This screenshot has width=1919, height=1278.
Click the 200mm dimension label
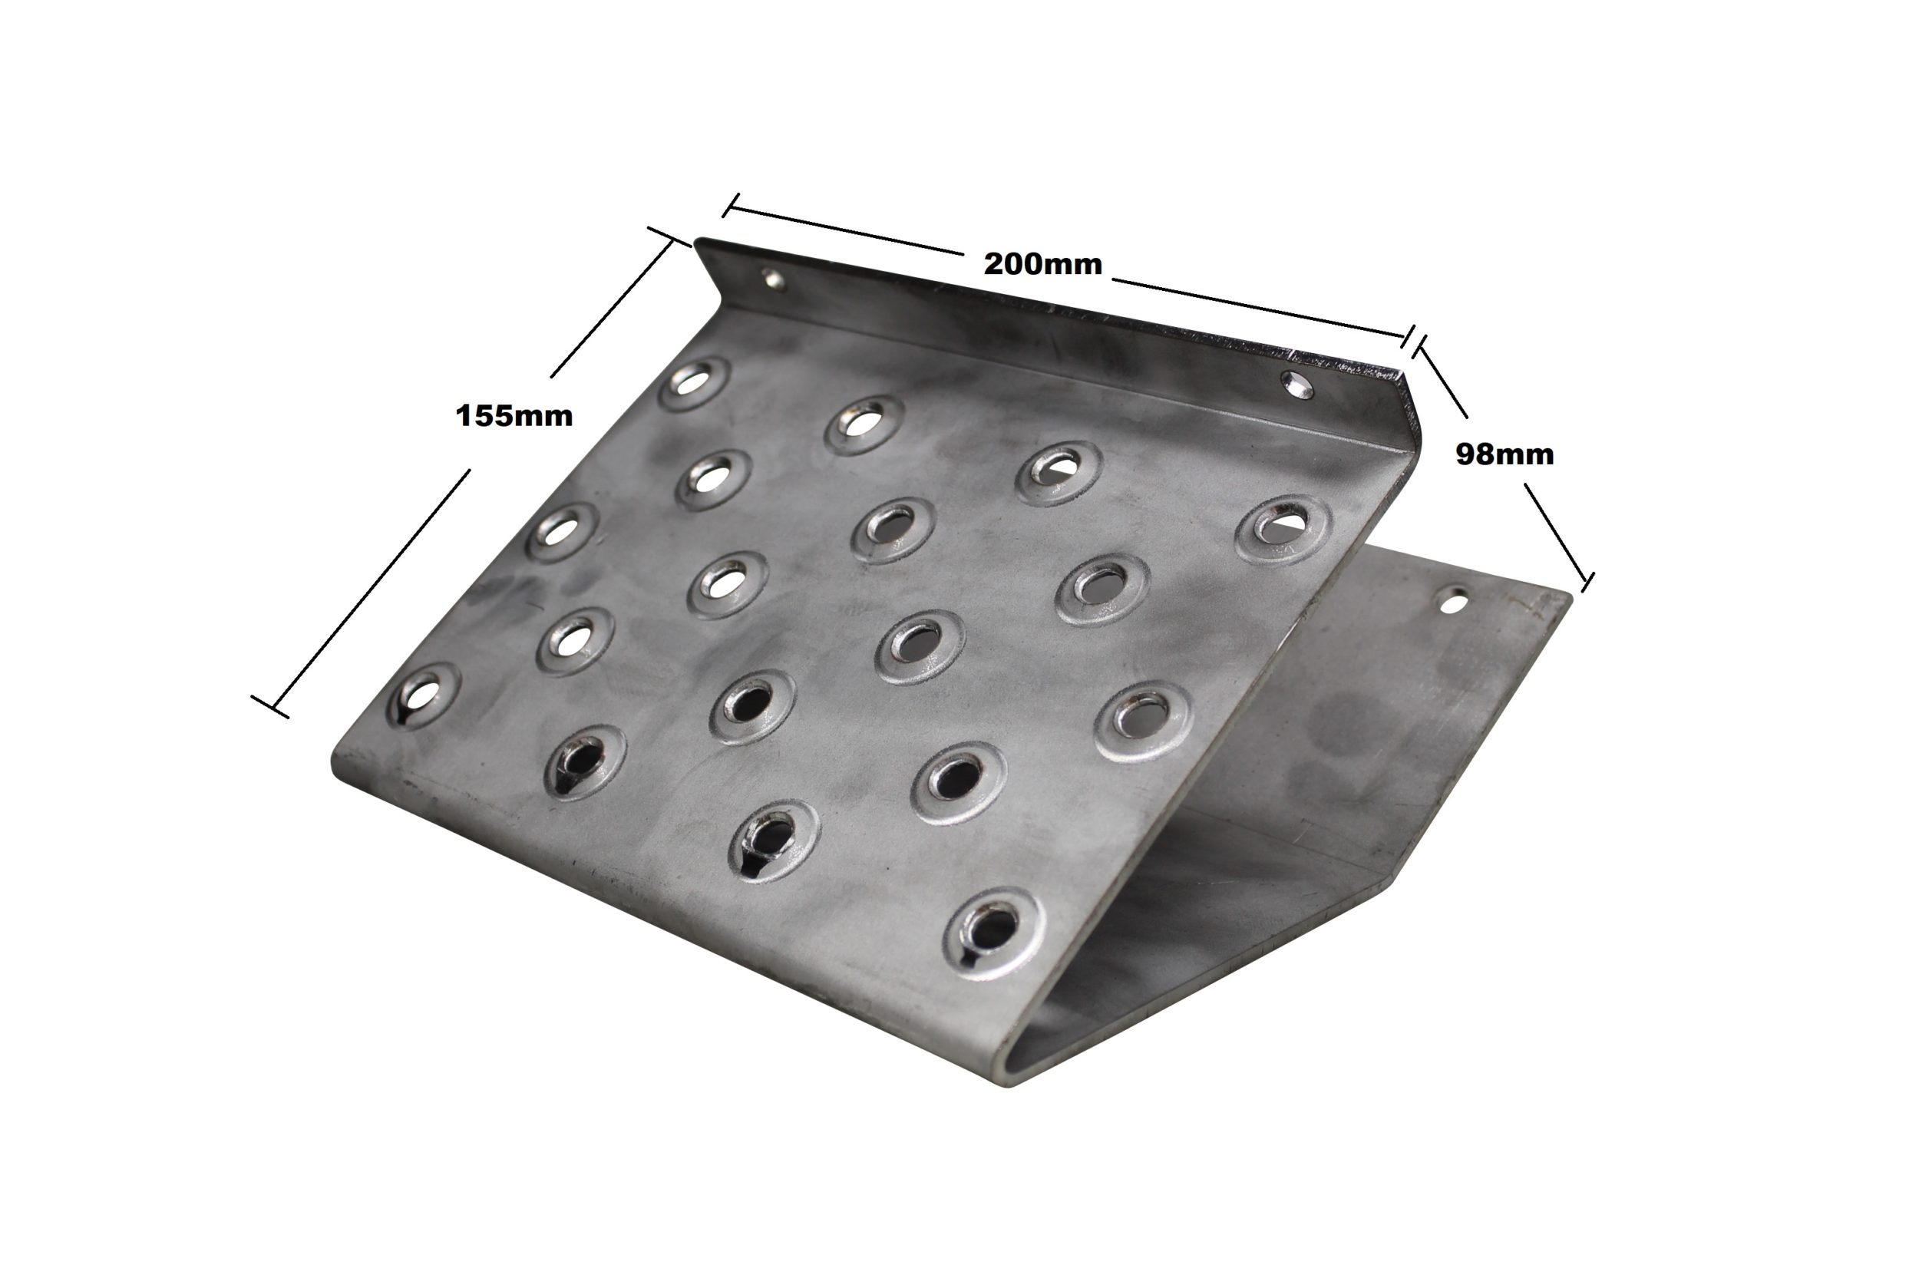click(1042, 264)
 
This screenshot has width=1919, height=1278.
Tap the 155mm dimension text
click(514, 417)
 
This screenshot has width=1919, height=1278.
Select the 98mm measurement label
click(1504, 455)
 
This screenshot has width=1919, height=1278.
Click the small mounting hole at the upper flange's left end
click(772, 279)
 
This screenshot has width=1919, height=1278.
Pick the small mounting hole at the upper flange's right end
click(1296, 385)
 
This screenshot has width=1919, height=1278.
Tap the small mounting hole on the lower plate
click(1453, 603)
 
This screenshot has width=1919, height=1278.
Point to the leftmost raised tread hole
click(424, 698)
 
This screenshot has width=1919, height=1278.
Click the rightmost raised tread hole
click(1283, 529)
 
